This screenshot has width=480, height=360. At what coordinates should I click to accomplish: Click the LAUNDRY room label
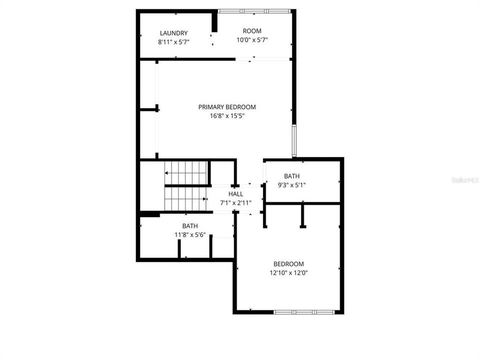click(x=173, y=33)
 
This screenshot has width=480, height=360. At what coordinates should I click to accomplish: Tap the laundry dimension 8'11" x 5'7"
click(x=173, y=42)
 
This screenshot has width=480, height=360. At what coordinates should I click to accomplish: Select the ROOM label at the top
click(x=252, y=31)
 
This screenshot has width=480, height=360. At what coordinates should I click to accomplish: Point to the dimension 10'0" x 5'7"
click(x=252, y=40)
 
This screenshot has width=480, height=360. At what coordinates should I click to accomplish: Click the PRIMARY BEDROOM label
click(x=227, y=107)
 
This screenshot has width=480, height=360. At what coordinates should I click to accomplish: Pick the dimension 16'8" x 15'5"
click(x=227, y=116)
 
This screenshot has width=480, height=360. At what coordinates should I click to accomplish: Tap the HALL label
click(x=236, y=194)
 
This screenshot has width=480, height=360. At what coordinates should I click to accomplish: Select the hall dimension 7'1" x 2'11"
click(x=236, y=202)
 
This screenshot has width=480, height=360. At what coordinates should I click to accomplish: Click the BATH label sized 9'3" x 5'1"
click(x=292, y=176)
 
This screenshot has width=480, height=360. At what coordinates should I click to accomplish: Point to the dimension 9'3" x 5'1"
click(x=292, y=185)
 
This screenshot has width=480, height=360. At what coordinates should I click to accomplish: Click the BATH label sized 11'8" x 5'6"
click(x=189, y=226)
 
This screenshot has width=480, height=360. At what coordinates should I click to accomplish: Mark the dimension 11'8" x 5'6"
click(x=189, y=234)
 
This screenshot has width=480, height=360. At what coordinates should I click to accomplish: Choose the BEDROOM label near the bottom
click(x=288, y=264)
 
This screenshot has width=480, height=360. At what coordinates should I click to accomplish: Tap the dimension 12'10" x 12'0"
click(x=288, y=273)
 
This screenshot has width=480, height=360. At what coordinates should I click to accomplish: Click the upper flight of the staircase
click(x=185, y=172)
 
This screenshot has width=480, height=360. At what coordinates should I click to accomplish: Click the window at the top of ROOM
click(x=254, y=11)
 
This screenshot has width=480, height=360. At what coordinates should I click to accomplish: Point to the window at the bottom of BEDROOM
click(x=302, y=311)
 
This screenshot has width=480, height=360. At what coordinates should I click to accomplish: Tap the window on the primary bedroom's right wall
click(x=294, y=141)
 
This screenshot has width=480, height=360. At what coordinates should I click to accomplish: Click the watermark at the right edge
click(x=464, y=179)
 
